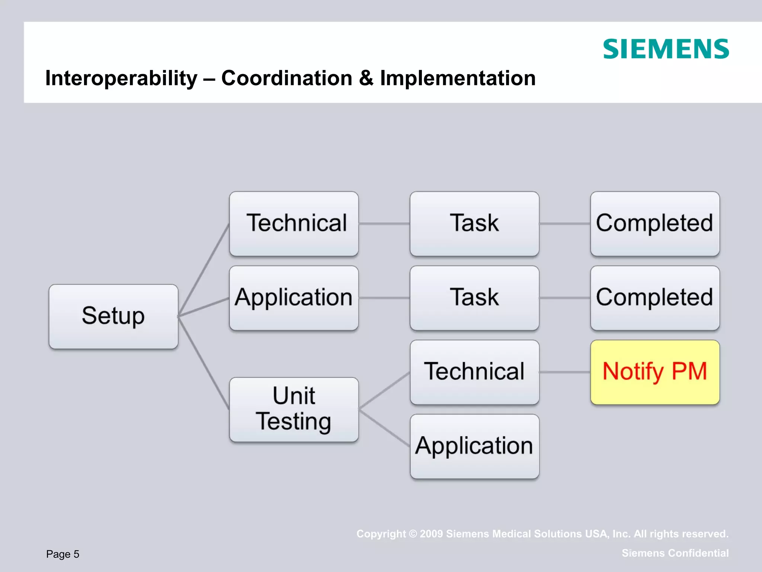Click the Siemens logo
pos(666,49)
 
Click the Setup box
pos(113,316)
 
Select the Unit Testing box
pos(294,409)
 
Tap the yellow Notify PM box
pos(654,372)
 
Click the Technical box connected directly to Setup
pos(294,223)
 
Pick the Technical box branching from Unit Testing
pos(474,372)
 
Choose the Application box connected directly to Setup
pos(294,298)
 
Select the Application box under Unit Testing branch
pos(474,446)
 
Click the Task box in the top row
pos(474,223)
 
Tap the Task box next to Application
pos(474,298)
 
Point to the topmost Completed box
pos(654,223)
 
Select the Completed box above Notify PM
pos(654,298)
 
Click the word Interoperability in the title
pos(121,79)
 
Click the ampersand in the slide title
pos(366,79)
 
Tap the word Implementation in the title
pos(458,79)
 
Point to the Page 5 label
pos(63,554)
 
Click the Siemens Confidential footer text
pos(675,553)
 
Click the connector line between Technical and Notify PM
pos(564,372)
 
